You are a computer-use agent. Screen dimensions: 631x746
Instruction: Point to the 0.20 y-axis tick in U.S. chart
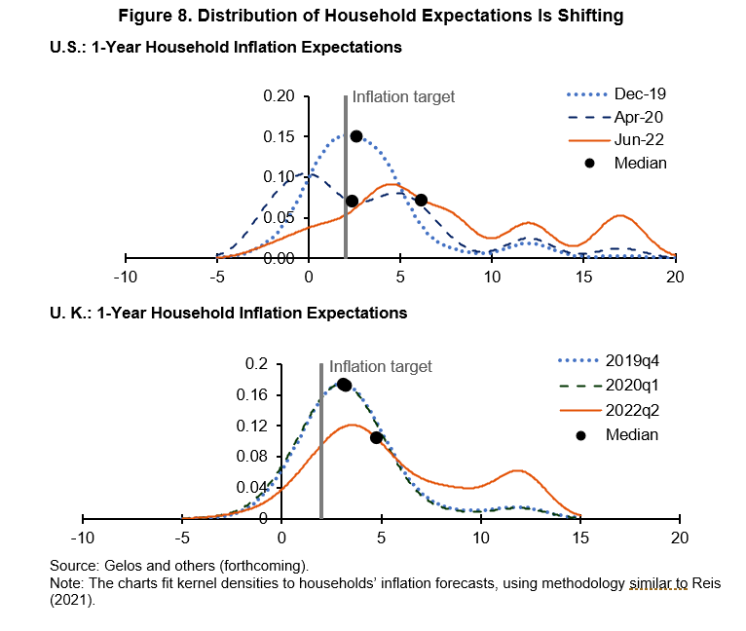[x=279, y=96]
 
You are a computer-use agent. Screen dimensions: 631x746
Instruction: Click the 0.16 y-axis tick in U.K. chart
[x=254, y=394]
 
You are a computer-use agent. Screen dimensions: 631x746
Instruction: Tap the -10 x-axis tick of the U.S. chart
[x=125, y=277]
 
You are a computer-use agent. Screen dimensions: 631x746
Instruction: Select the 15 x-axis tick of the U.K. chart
[x=580, y=538]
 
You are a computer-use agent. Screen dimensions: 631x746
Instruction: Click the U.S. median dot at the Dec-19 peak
[x=356, y=136]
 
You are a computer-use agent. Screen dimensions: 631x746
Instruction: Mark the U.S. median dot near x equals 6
[x=421, y=200]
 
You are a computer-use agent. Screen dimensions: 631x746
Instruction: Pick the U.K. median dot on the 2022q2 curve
[x=376, y=437]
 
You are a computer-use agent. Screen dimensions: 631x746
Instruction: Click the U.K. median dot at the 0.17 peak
[x=344, y=385]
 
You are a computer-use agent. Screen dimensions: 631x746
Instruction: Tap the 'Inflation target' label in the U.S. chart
[x=403, y=96]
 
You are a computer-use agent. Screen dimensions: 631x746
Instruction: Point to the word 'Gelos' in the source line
[x=125, y=565]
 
